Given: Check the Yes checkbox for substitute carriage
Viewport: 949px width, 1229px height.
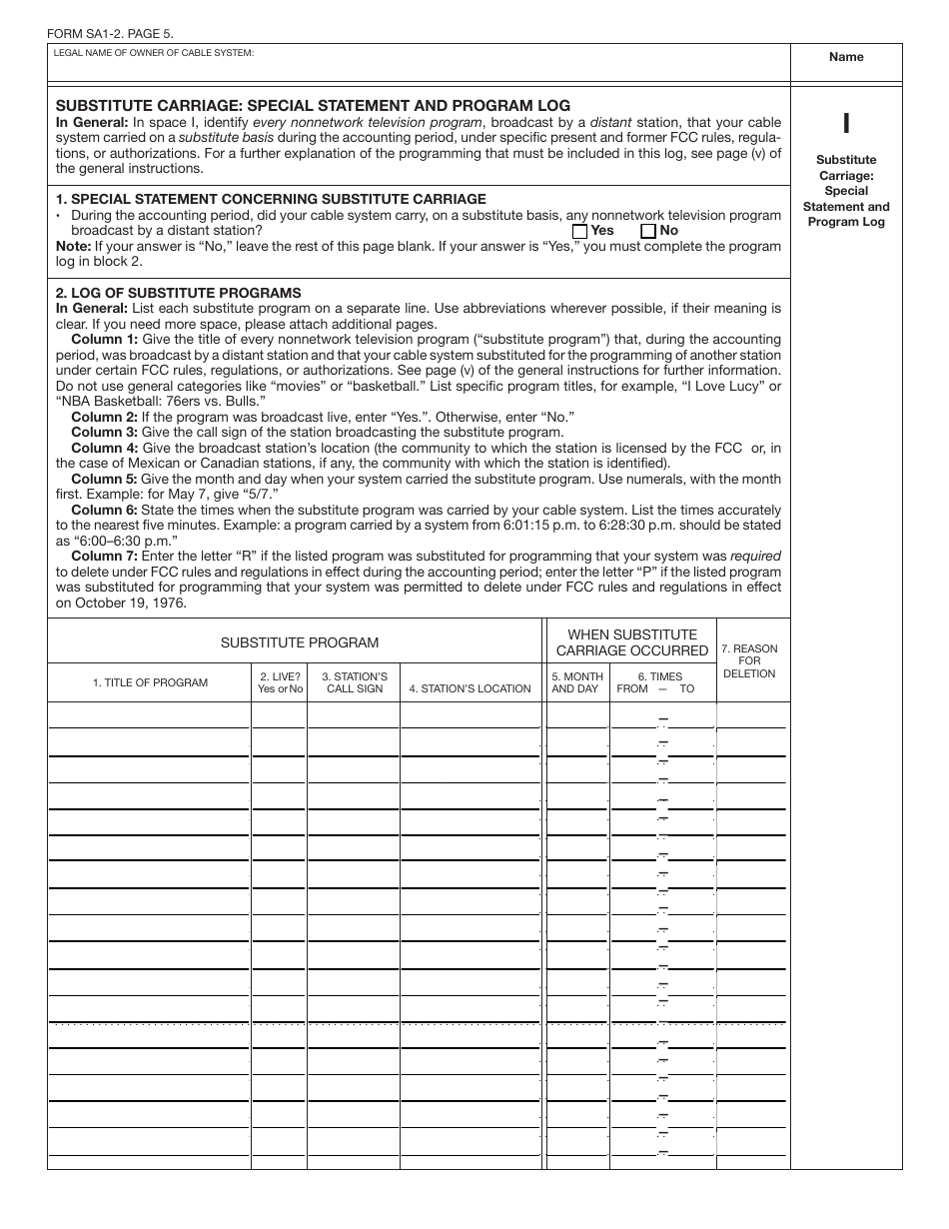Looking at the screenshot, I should click(x=579, y=231).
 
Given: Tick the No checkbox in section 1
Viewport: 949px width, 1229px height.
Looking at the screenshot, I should click(x=647, y=231).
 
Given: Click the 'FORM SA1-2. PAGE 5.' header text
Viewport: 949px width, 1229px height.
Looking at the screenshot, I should click(x=110, y=34).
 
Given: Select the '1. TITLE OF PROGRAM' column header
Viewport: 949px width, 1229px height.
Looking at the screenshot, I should click(x=150, y=682).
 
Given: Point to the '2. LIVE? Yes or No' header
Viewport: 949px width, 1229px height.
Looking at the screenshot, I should click(x=280, y=682).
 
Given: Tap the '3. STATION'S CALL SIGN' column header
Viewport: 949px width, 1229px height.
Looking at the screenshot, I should click(x=355, y=682).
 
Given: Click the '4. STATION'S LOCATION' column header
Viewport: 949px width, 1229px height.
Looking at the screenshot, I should click(x=470, y=688).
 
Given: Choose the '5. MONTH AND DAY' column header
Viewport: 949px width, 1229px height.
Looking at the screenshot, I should click(x=577, y=682).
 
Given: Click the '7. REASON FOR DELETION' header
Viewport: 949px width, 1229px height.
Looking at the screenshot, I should click(x=749, y=661).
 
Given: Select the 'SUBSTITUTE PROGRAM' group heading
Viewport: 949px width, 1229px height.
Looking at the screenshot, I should click(x=300, y=642).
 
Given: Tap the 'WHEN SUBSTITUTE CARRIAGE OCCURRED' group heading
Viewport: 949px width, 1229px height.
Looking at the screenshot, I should click(x=632, y=642).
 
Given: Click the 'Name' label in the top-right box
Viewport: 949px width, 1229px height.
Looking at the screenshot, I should click(x=846, y=57).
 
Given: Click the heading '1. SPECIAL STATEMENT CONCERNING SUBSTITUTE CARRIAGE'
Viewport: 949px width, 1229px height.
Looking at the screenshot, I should click(x=271, y=199).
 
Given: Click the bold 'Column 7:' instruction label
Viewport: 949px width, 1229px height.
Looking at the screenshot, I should click(x=104, y=556).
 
